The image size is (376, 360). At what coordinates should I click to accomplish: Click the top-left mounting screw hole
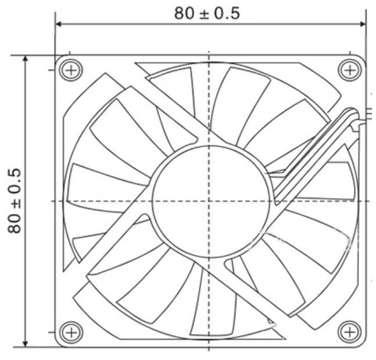pyautogui.click(x=71, y=70)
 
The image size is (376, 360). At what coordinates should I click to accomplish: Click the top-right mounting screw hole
pyautogui.click(x=350, y=70)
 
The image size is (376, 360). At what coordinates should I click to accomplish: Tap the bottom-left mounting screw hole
pyautogui.click(x=71, y=333)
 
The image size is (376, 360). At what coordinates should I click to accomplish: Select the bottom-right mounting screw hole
pyautogui.click(x=350, y=333)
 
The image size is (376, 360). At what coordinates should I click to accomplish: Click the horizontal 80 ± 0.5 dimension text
pyautogui.click(x=207, y=13)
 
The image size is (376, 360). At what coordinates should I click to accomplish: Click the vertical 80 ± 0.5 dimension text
pyautogui.click(x=15, y=201)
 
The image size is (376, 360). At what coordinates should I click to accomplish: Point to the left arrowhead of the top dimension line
pyautogui.click(x=59, y=24)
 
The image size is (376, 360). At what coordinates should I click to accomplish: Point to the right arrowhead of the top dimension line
pyautogui.click(x=362, y=24)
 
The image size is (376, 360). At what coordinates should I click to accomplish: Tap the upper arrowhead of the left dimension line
pyautogui.click(x=25, y=59)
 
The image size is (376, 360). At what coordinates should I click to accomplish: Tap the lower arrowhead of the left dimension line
pyautogui.click(x=25, y=343)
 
